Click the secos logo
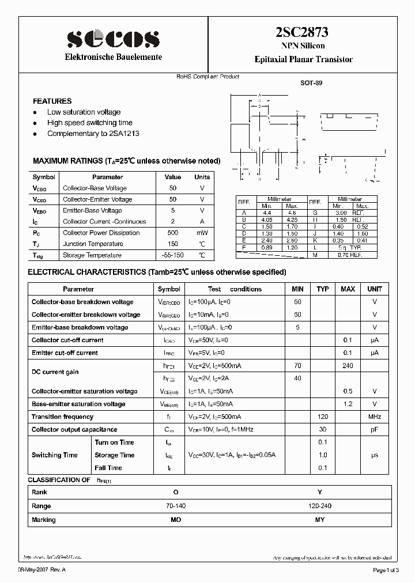(x=113, y=39)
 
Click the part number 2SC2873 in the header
(x=303, y=34)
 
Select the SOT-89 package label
(x=311, y=83)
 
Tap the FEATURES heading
(x=52, y=101)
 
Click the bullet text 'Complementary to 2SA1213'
(x=93, y=134)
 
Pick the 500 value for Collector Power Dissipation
(x=172, y=233)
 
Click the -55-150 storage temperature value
(x=173, y=255)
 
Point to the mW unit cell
(x=202, y=233)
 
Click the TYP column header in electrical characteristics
(x=323, y=289)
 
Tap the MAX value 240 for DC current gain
(x=348, y=366)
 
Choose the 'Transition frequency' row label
(x=62, y=417)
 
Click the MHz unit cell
(x=375, y=417)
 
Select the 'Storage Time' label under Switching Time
(x=114, y=455)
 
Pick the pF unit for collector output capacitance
(x=375, y=430)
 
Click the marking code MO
(x=176, y=520)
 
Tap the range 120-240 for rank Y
(x=320, y=506)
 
